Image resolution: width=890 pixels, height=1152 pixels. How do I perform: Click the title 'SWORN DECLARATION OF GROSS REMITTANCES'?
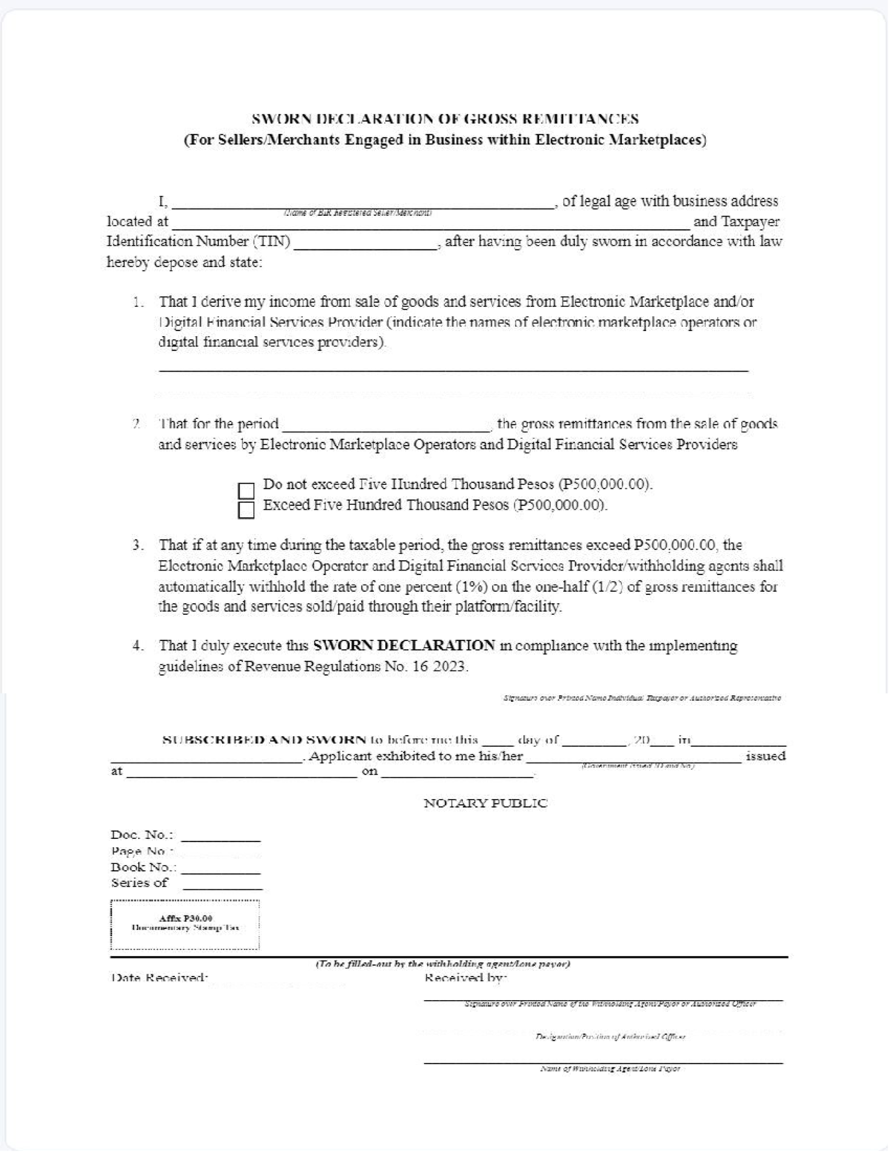[445, 119]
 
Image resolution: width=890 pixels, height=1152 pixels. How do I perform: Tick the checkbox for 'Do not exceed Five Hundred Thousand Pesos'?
[245, 490]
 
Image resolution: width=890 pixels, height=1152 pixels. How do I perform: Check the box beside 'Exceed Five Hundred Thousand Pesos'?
[245, 510]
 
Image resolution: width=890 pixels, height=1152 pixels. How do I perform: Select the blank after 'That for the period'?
[385, 427]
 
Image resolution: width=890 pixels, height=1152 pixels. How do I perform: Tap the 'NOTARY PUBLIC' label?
[485, 803]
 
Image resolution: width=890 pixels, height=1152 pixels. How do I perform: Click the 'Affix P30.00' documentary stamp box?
[185, 924]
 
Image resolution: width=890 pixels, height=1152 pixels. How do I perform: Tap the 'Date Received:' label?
[159, 978]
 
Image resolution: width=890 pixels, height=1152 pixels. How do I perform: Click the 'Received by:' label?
[465, 978]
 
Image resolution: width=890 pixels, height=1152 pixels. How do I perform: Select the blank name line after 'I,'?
[363, 205]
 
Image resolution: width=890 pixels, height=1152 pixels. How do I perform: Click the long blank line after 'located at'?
[430, 226]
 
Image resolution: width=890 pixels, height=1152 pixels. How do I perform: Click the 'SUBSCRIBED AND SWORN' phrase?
[264, 740]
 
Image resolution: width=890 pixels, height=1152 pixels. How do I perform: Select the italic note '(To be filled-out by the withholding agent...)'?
[443, 964]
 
